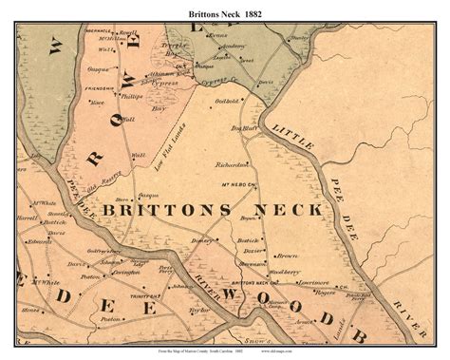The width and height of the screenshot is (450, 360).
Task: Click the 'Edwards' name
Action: pos(40,240)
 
